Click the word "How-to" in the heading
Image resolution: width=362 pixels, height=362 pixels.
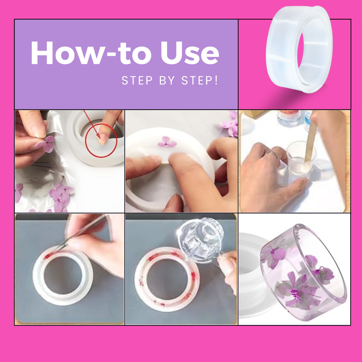[91, 53]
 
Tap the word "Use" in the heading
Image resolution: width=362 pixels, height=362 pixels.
[190, 53]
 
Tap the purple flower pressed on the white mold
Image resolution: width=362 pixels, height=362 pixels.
[167, 142]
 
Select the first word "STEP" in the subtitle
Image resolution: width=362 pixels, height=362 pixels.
[137, 80]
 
